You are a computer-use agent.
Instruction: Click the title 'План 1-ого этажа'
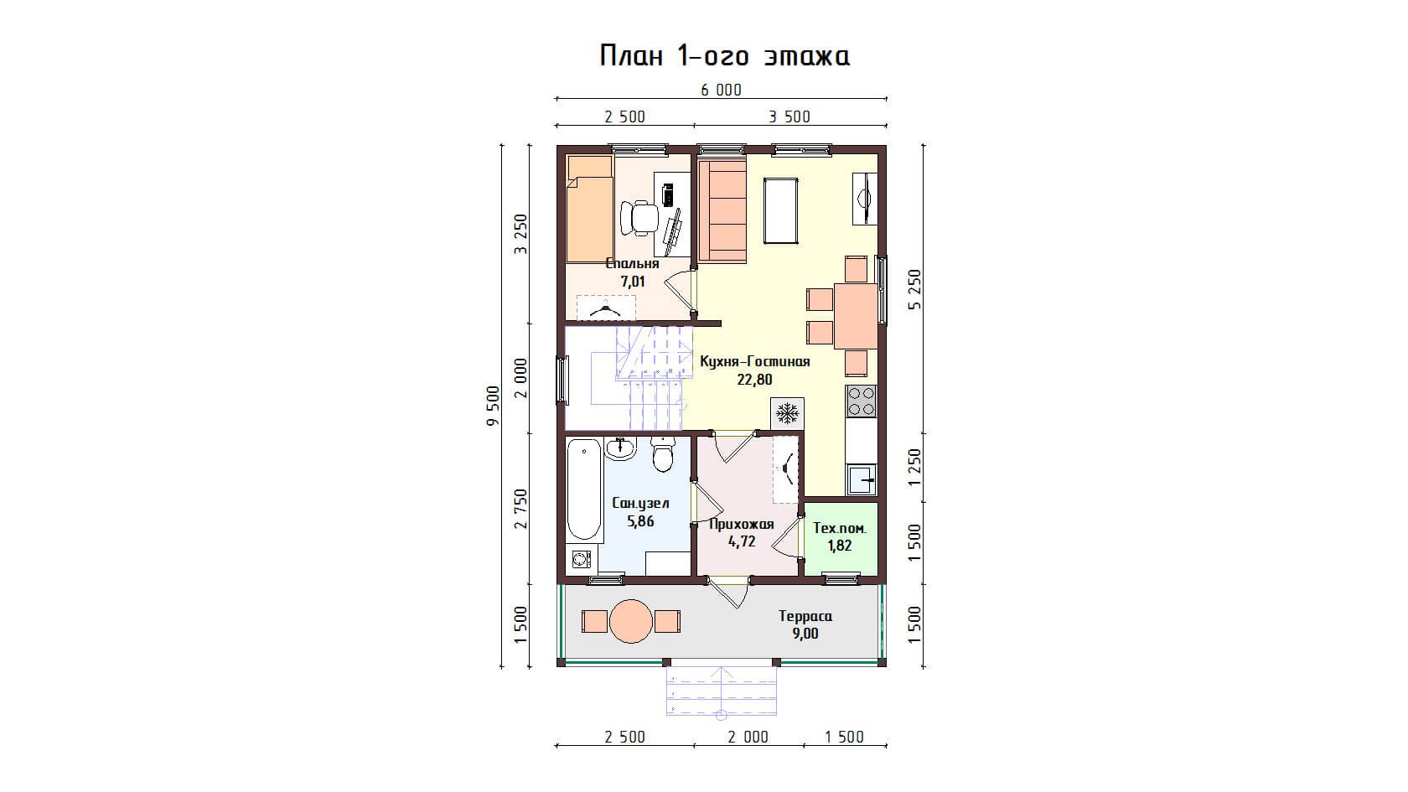[x=724, y=56]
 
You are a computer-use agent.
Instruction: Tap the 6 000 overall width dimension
[x=722, y=91]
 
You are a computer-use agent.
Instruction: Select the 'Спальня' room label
[x=632, y=263]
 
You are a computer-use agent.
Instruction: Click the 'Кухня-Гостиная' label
[x=755, y=361]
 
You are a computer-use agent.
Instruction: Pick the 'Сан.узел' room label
[x=640, y=503]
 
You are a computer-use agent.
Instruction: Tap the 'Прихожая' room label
[x=742, y=524]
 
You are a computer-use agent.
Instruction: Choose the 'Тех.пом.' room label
[x=840, y=528]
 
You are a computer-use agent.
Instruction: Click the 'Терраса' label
[x=805, y=616]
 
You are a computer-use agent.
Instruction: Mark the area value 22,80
[x=755, y=380]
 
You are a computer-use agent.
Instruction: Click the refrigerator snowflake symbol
[x=787, y=414]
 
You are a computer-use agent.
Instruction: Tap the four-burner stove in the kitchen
[x=862, y=401]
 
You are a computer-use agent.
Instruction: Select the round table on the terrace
[x=631, y=621]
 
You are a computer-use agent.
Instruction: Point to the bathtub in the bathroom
[x=584, y=489]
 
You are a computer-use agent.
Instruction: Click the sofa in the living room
[x=722, y=211]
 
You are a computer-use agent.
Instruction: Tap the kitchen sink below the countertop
[x=862, y=480]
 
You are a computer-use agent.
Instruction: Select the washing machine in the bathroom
[x=582, y=559]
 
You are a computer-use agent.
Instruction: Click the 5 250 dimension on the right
[x=914, y=289]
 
